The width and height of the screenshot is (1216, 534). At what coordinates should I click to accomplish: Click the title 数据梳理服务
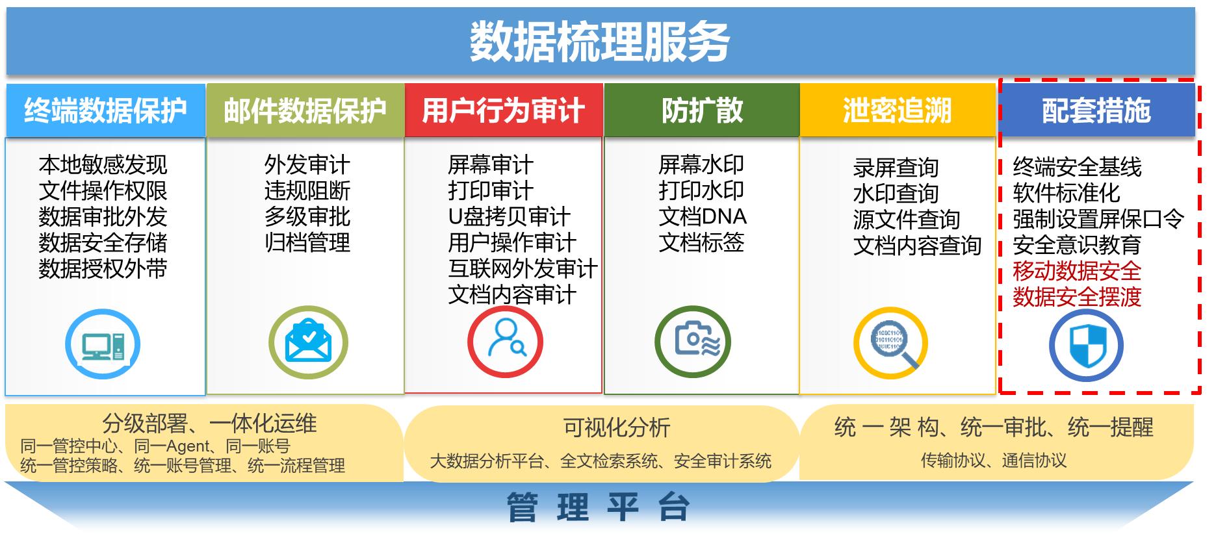coord(599,41)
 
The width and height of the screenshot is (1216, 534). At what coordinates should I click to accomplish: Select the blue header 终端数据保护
coord(105,110)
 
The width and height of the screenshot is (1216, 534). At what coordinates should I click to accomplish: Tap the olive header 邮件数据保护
coord(305,110)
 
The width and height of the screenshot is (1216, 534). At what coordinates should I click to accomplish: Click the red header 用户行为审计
coord(504,110)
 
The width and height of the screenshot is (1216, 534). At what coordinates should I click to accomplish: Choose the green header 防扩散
coord(702,110)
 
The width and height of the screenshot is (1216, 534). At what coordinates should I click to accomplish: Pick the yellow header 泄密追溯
coord(898,110)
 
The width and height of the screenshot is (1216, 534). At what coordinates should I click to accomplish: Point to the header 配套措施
coord(1097,110)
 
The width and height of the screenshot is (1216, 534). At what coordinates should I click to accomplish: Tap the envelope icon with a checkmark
coord(308,342)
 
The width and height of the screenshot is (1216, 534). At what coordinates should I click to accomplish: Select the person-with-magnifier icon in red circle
coord(506,342)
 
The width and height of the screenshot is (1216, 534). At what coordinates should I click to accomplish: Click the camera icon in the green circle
coord(693,342)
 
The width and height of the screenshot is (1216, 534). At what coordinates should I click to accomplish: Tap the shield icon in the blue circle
coord(1087,345)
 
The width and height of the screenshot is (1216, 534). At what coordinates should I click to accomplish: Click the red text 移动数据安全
coord(1077,271)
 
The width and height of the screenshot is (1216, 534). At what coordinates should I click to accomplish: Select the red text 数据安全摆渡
coord(1077,297)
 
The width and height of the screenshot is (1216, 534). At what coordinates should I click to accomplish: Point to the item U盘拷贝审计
coord(510,216)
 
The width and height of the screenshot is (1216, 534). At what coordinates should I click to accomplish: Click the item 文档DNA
coord(703,216)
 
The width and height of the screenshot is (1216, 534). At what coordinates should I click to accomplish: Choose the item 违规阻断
coord(307,190)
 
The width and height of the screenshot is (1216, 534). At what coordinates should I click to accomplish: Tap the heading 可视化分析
coord(617,427)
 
